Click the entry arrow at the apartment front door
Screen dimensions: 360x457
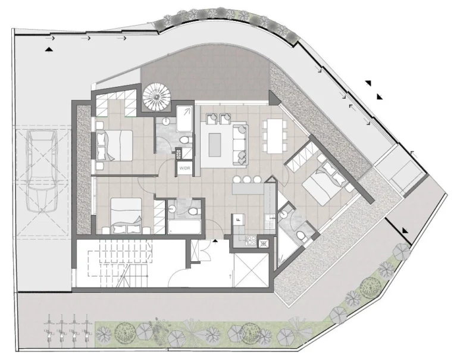coord(215,240)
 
